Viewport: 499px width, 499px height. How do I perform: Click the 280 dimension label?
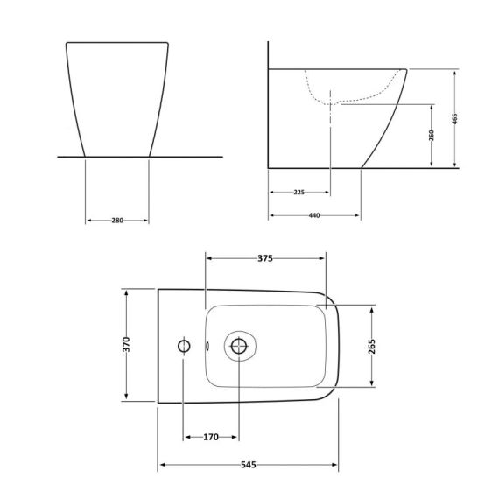pyautogui.click(x=116, y=220)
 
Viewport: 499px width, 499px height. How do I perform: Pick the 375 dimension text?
pyautogui.click(x=265, y=258)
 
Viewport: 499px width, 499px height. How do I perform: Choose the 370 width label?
pyautogui.click(x=126, y=345)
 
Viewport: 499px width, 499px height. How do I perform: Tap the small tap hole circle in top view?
pyautogui.click(x=184, y=346)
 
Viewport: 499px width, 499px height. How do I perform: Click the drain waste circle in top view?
pyautogui.click(x=238, y=346)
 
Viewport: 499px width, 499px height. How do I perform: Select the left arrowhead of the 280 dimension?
pyautogui.click(x=88, y=220)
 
